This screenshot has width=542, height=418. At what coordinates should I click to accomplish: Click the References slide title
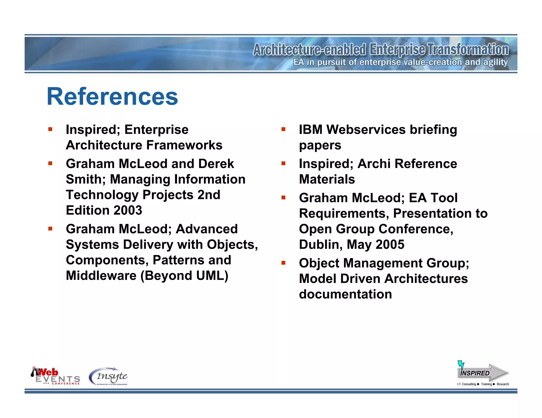[x=112, y=96]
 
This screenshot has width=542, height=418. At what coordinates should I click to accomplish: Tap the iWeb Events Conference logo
[x=55, y=376]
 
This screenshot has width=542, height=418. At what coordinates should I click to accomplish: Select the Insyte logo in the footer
[x=109, y=376]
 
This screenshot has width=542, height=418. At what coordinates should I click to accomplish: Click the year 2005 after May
[x=390, y=244]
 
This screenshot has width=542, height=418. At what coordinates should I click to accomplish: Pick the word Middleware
[x=101, y=276]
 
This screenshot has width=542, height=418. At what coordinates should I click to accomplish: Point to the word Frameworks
[x=184, y=145]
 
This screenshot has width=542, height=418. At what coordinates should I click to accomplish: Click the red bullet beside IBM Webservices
[x=283, y=129]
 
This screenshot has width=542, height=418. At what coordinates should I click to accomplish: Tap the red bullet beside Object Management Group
[x=283, y=263]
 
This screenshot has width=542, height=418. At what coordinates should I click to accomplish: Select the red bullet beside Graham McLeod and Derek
[x=50, y=164]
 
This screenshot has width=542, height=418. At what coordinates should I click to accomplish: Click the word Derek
[x=216, y=164]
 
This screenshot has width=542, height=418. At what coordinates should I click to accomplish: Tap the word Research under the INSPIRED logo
[x=503, y=384]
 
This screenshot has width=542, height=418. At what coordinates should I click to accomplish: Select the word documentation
[x=345, y=294]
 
